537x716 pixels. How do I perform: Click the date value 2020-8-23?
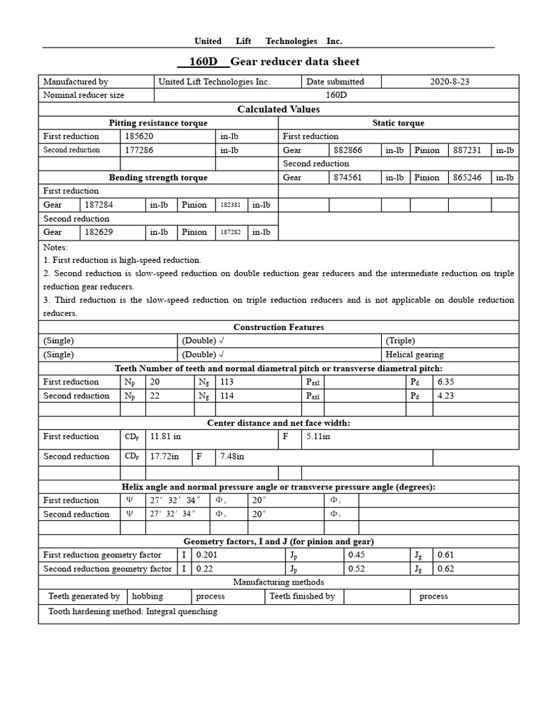click(450, 82)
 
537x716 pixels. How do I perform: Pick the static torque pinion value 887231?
click(467, 150)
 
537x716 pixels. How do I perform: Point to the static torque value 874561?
click(348, 178)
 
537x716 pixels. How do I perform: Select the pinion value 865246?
click(467, 178)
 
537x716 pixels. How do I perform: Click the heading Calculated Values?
click(278, 109)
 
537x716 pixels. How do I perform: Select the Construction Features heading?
click(278, 327)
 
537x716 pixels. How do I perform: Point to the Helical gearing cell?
click(415, 355)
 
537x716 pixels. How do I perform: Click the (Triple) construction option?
click(400, 341)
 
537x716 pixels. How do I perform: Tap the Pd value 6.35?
click(445, 382)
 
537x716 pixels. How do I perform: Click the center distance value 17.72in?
click(165, 457)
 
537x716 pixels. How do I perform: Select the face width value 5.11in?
click(318, 436)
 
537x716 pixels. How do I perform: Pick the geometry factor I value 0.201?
click(207, 555)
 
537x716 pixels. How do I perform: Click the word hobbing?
click(147, 596)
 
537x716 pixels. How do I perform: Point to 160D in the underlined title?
click(203, 62)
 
